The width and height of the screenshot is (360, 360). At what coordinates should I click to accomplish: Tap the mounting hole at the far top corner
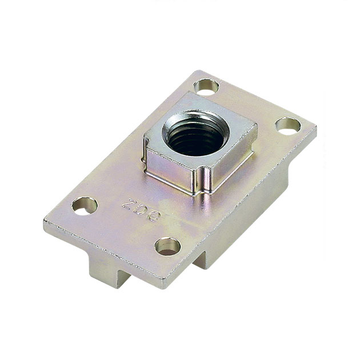click(206, 87)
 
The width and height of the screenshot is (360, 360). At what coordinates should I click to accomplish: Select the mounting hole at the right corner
click(287, 125)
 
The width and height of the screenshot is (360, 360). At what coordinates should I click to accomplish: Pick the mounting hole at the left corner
click(84, 205)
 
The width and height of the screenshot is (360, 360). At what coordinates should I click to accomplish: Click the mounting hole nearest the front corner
click(167, 246)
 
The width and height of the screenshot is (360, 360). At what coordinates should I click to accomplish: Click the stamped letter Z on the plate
click(130, 203)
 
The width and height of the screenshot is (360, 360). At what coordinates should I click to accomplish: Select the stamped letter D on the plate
click(142, 209)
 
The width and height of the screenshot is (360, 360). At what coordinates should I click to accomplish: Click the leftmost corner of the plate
click(46, 220)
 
